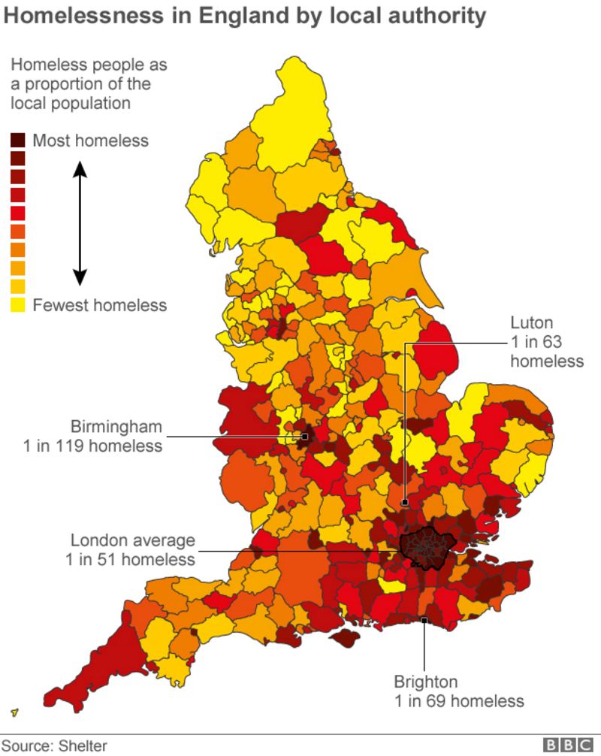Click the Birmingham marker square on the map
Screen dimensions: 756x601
tap(305, 436)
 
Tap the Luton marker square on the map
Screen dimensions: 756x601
tap(404, 502)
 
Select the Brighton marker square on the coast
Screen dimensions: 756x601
tap(424, 620)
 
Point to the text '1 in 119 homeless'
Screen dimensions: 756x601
tap(92, 446)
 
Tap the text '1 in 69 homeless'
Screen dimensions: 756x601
tap(459, 701)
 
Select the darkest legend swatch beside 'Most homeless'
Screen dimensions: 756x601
tap(18, 140)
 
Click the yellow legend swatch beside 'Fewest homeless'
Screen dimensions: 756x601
tap(18, 304)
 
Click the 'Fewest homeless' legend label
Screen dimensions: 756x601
tap(99, 305)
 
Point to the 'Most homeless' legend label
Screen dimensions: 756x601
tap(90, 141)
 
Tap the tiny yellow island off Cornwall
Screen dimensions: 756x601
tap(15, 712)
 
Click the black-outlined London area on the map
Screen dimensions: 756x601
tap(427, 547)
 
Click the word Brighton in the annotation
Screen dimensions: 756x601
tap(425, 682)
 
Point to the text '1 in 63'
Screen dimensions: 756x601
tap(536, 342)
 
